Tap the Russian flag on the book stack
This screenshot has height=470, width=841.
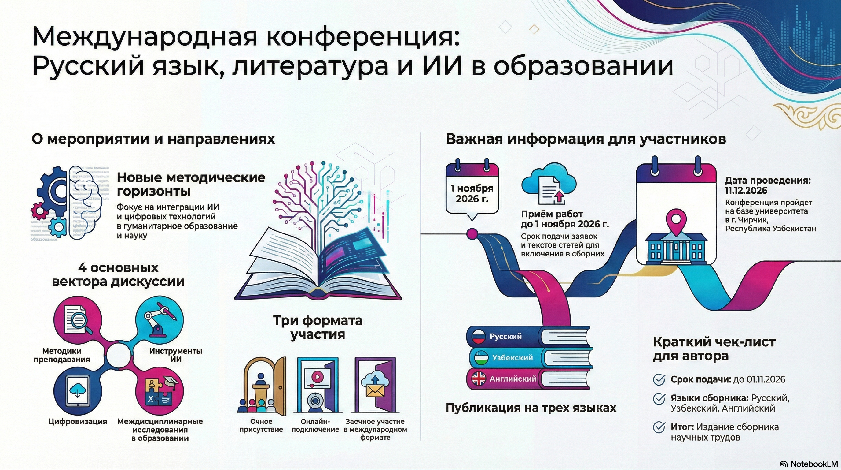point(479,337)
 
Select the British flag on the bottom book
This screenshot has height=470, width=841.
point(479,379)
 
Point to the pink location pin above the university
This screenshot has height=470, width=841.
point(676,219)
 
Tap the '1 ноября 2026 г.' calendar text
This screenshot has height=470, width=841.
point(472,193)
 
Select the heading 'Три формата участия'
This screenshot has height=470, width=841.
point(318,327)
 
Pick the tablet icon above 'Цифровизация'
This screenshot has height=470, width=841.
point(78,390)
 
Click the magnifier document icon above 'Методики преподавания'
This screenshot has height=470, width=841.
point(77,320)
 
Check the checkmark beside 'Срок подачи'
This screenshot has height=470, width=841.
point(659,379)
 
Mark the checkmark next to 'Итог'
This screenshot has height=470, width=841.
point(659,427)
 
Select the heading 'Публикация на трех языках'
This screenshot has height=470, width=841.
point(531,408)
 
